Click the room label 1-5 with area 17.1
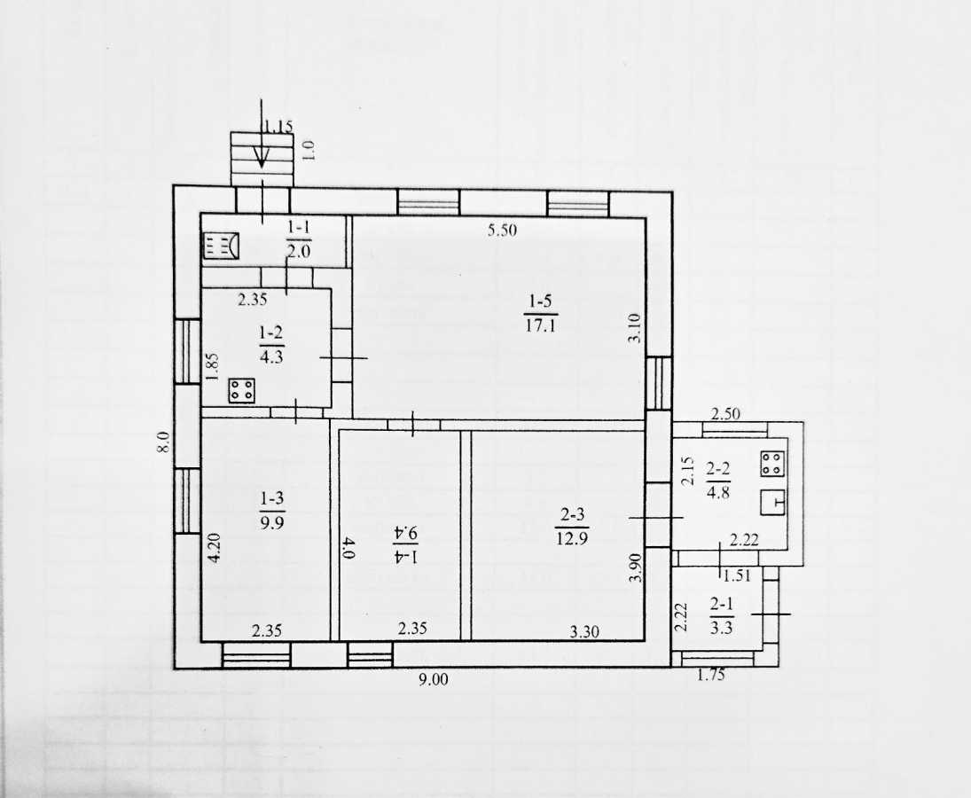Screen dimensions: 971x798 540,313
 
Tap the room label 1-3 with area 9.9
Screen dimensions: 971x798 272,510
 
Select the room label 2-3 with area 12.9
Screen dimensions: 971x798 572,526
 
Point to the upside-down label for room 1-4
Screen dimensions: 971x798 406,544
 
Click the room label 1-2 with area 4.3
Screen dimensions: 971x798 272,345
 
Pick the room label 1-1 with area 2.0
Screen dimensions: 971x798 299,239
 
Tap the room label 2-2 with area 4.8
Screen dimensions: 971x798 717,481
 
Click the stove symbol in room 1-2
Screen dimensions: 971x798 241,390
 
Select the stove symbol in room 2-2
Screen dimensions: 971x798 773,463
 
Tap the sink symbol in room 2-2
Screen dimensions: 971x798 773,502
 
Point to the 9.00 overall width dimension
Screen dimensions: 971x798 433,680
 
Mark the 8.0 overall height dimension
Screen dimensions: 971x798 163,442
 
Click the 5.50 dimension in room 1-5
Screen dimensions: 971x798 502,231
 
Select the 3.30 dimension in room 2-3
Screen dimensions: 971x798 584,632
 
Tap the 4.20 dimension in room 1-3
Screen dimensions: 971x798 215,547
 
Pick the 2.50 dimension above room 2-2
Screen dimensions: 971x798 725,413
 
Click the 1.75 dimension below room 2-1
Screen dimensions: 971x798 711,675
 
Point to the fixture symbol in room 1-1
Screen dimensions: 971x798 221,245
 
